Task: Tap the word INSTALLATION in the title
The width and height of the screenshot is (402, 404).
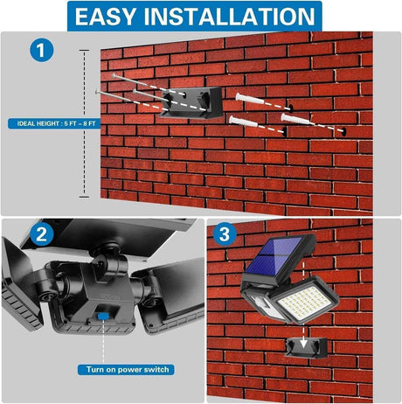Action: click(x=232, y=17)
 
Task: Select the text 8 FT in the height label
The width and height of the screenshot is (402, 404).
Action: click(x=100, y=123)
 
